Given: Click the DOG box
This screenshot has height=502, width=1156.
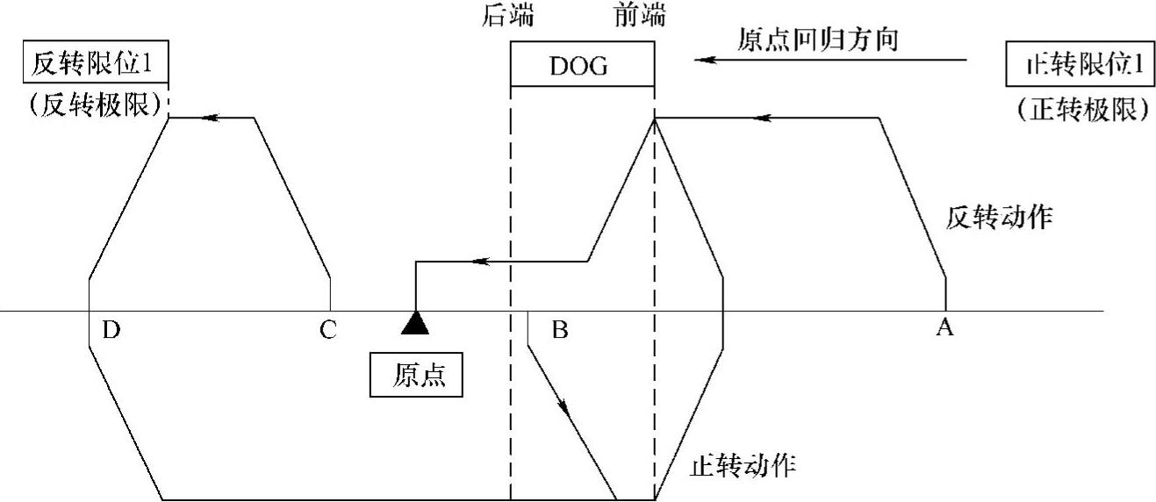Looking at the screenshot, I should (x=582, y=67).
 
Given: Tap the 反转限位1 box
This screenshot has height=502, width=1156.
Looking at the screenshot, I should (x=97, y=65).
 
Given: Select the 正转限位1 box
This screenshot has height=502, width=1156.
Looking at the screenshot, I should (x=1078, y=67).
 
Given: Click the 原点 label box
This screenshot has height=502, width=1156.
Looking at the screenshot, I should (x=419, y=376).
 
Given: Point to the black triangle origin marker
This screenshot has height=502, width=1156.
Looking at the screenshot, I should (x=414, y=323).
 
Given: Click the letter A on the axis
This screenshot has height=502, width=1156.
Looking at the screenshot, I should (x=944, y=328).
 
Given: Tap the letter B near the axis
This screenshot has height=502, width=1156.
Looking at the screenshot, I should (x=559, y=330).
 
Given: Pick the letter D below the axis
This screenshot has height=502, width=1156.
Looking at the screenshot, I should (x=110, y=330).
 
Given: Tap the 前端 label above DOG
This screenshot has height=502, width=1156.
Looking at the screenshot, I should (x=640, y=16).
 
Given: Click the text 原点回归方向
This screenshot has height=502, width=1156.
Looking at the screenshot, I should (x=816, y=39).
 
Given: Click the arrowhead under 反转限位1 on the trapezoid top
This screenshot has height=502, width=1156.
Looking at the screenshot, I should (x=208, y=117).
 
